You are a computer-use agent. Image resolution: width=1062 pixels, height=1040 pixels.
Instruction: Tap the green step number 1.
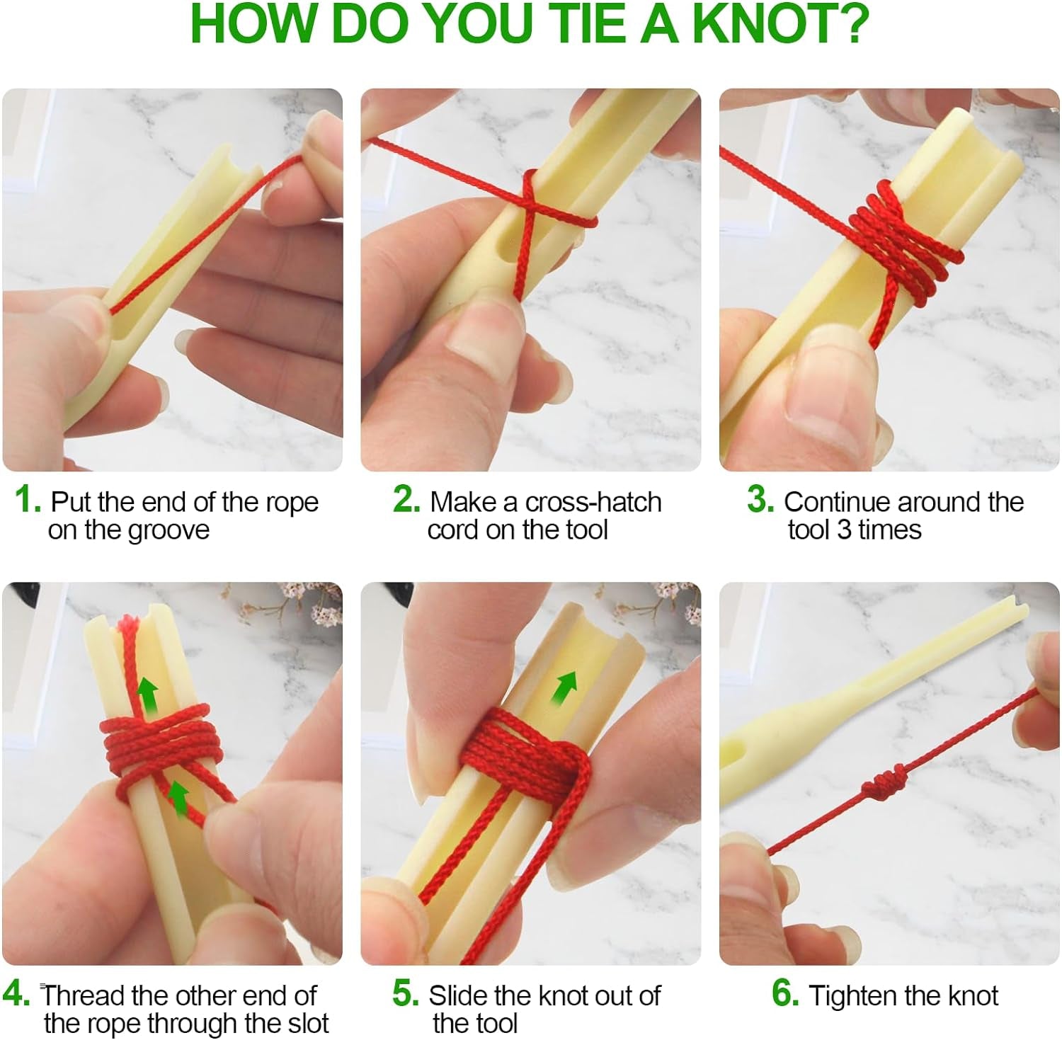[x=27, y=500]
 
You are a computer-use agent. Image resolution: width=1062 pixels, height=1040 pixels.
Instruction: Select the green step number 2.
[x=406, y=500]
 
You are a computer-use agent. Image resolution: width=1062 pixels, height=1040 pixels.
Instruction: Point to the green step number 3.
[x=760, y=500]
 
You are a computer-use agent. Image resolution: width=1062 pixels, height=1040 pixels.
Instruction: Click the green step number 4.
[x=16, y=993]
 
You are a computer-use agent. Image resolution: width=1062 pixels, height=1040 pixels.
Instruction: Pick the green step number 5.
[x=406, y=993]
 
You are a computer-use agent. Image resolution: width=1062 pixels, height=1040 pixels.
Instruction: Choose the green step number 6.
[x=785, y=993]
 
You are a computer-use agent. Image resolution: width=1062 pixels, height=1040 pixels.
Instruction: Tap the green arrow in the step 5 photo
[x=564, y=688]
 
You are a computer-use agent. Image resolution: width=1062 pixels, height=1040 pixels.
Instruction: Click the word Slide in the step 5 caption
[x=457, y=995]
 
